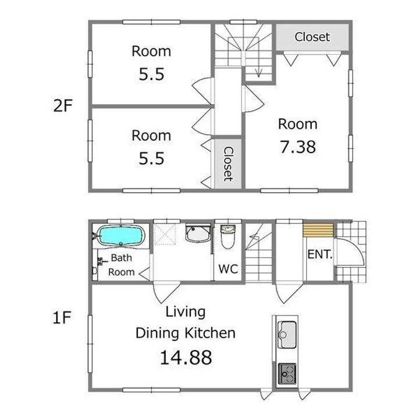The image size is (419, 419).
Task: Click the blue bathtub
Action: (x=121, y=235)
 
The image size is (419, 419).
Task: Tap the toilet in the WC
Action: (x=228, y=236)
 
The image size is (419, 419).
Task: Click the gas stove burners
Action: (x=287, y=374)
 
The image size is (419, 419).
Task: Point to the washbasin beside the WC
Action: (x=198, y=233)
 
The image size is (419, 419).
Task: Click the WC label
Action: (x=228, y=269)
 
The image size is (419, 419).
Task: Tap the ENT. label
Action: (x=320, y=254)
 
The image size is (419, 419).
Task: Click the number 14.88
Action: (x=186, y=357)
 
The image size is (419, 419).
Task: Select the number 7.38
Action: (x=298, y=147)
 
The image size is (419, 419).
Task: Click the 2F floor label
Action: (x=63, y=106)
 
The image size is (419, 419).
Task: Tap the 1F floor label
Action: (x=62, y=318)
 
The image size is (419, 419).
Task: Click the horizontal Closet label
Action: (x=312, y=37)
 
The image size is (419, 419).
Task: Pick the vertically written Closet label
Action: (x=228, y=164)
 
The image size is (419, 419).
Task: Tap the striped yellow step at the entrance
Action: (x=318, y=230)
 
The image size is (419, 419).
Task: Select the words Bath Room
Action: (x=121, y=265)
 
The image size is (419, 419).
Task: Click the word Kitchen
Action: (x=210, y=333)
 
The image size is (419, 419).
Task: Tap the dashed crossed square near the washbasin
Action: (x=165, y=234)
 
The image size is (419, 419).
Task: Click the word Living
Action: (x=186, y=313)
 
